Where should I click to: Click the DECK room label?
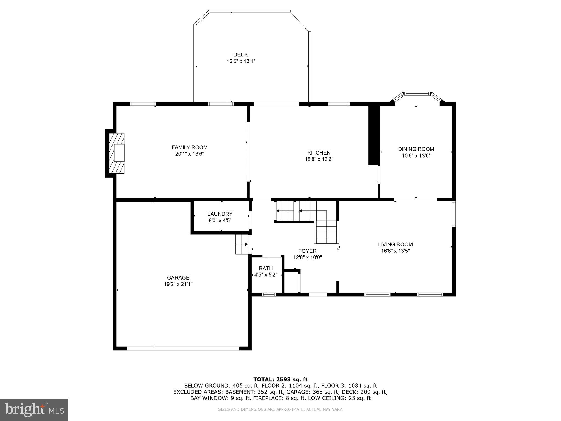(x=241, y=55)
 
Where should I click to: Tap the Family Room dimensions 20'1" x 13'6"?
(x=190, y=154)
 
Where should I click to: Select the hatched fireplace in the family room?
(x=117, y=153)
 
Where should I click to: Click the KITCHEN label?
(x=319, y=153)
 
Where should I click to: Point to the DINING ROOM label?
(x=416, y=149)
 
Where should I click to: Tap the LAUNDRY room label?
(x=220, y=214)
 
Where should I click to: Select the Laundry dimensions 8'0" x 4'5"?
(x=220, y=221)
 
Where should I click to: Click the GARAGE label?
(x=178, y=278)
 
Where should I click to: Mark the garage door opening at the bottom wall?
(x=183, y=348)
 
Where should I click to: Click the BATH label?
(x=266, y=268)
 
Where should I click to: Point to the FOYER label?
(x=307, y=251)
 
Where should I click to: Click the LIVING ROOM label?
(x=395, y=244)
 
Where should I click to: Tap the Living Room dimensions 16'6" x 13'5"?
(x=395, y=251)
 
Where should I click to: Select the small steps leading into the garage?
(x=241, y=244)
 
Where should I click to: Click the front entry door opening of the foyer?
(x=318, y=295)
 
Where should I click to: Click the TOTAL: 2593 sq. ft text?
(x=280, y=379)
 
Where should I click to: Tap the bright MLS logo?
(x=34, y=410)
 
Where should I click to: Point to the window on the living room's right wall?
(x=454, y=214)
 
